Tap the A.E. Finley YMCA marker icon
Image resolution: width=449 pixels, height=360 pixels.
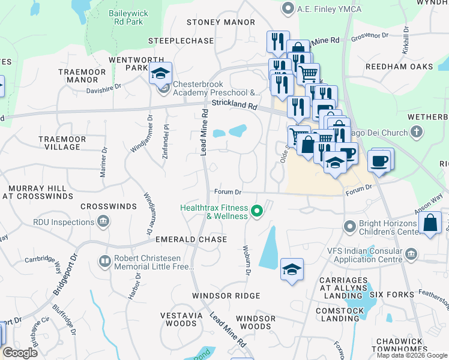pos(288,8)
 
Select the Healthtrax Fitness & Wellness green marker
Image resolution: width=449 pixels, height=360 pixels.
pos(258,211)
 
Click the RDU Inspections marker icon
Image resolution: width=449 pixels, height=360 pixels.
pos(104,222)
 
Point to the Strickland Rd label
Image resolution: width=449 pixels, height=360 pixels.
pos(235,105)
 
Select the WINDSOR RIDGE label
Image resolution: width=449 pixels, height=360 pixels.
pos(226,296)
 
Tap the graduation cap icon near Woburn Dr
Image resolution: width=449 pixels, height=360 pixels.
pos(292,269)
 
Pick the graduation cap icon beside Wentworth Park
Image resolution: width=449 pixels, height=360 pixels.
pos(160,73)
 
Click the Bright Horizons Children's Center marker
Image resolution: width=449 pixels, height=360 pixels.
pos(350,227)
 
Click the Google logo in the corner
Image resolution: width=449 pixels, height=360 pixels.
pos(20,353)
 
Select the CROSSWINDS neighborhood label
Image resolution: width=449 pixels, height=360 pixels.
pos(109,206)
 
